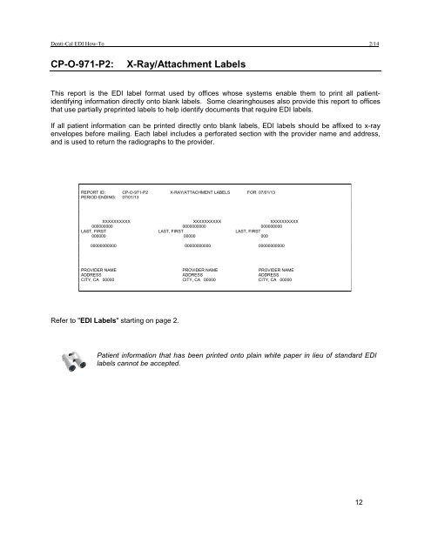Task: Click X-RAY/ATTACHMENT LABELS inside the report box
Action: click(199, 191)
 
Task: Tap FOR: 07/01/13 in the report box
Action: click(261, 191)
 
